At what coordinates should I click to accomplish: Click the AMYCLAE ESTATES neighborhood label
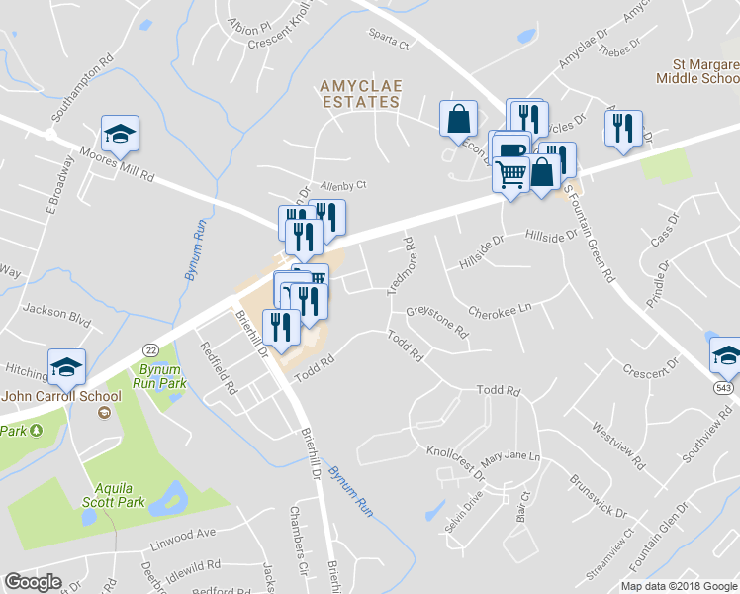click(360, 94)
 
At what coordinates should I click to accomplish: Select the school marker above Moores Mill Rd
click(120, 133)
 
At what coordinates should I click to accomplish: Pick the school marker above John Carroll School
click(66, 366)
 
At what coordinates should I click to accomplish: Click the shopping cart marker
click(510, 176)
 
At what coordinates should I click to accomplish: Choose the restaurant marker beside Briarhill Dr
click(282, 327)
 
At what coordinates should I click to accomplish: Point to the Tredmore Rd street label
click(399, 265)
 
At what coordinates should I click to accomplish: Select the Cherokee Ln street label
click(501, 310)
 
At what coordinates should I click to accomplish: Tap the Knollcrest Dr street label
click(456, 462)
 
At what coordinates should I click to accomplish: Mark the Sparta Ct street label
click(390, 43)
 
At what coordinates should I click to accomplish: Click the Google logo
click(33, 582)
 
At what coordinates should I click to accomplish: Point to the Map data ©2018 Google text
click(678, 586)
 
